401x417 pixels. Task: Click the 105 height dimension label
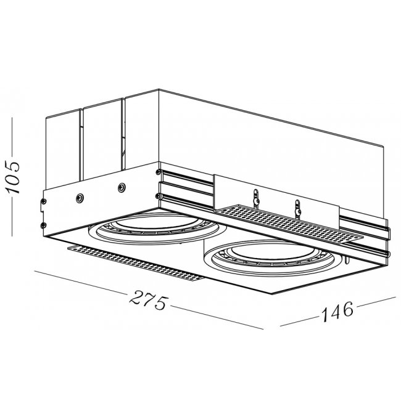12,177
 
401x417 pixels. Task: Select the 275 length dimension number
149,300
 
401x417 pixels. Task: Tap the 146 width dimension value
337,310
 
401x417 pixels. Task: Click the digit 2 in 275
136,296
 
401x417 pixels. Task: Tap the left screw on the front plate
80,197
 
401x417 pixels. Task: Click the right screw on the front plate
122,187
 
